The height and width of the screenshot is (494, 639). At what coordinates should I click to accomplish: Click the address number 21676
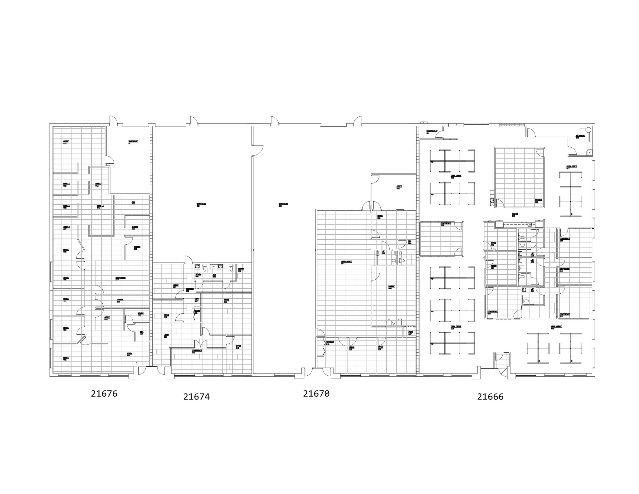click(x=104, y=394)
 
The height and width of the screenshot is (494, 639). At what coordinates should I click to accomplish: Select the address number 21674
click(x=196, y=397)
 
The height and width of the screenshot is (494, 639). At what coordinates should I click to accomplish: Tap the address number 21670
click(x=316, y=394)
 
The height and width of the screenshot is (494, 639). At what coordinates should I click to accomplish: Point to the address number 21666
click(x=490, y=397)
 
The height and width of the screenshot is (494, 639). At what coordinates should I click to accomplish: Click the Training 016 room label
click(x=538, y=201)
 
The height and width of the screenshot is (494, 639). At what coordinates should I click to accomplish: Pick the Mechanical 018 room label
click(x=580, y=136)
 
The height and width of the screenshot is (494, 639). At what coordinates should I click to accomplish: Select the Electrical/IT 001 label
click(x=432, y=132)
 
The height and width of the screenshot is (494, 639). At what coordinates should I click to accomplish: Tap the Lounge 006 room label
click(x=391, y=287)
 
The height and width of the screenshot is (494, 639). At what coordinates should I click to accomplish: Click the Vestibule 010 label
click(x=330, y=343)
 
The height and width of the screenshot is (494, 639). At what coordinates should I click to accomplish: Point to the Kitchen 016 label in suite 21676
click(x=137, y=248)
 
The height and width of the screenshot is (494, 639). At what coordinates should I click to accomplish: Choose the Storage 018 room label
click(x=120, y=301)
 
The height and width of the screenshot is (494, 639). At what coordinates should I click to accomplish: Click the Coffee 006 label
click(x=241, y=270)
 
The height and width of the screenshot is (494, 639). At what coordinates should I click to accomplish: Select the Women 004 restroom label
click(x=198, y=276)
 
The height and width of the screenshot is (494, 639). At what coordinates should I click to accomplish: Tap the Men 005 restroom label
click(x=214, y=276)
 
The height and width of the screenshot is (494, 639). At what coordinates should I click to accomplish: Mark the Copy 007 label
click(x=197, y=300)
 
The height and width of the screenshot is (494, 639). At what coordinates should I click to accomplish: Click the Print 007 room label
click(x=410, y=333)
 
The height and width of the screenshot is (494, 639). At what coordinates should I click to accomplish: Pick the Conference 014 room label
click(x=565, y=239)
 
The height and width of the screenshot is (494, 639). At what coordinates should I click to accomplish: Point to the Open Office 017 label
click(x=572, y=167)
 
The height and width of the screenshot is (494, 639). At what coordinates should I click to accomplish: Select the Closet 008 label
click(x=197, y=312)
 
